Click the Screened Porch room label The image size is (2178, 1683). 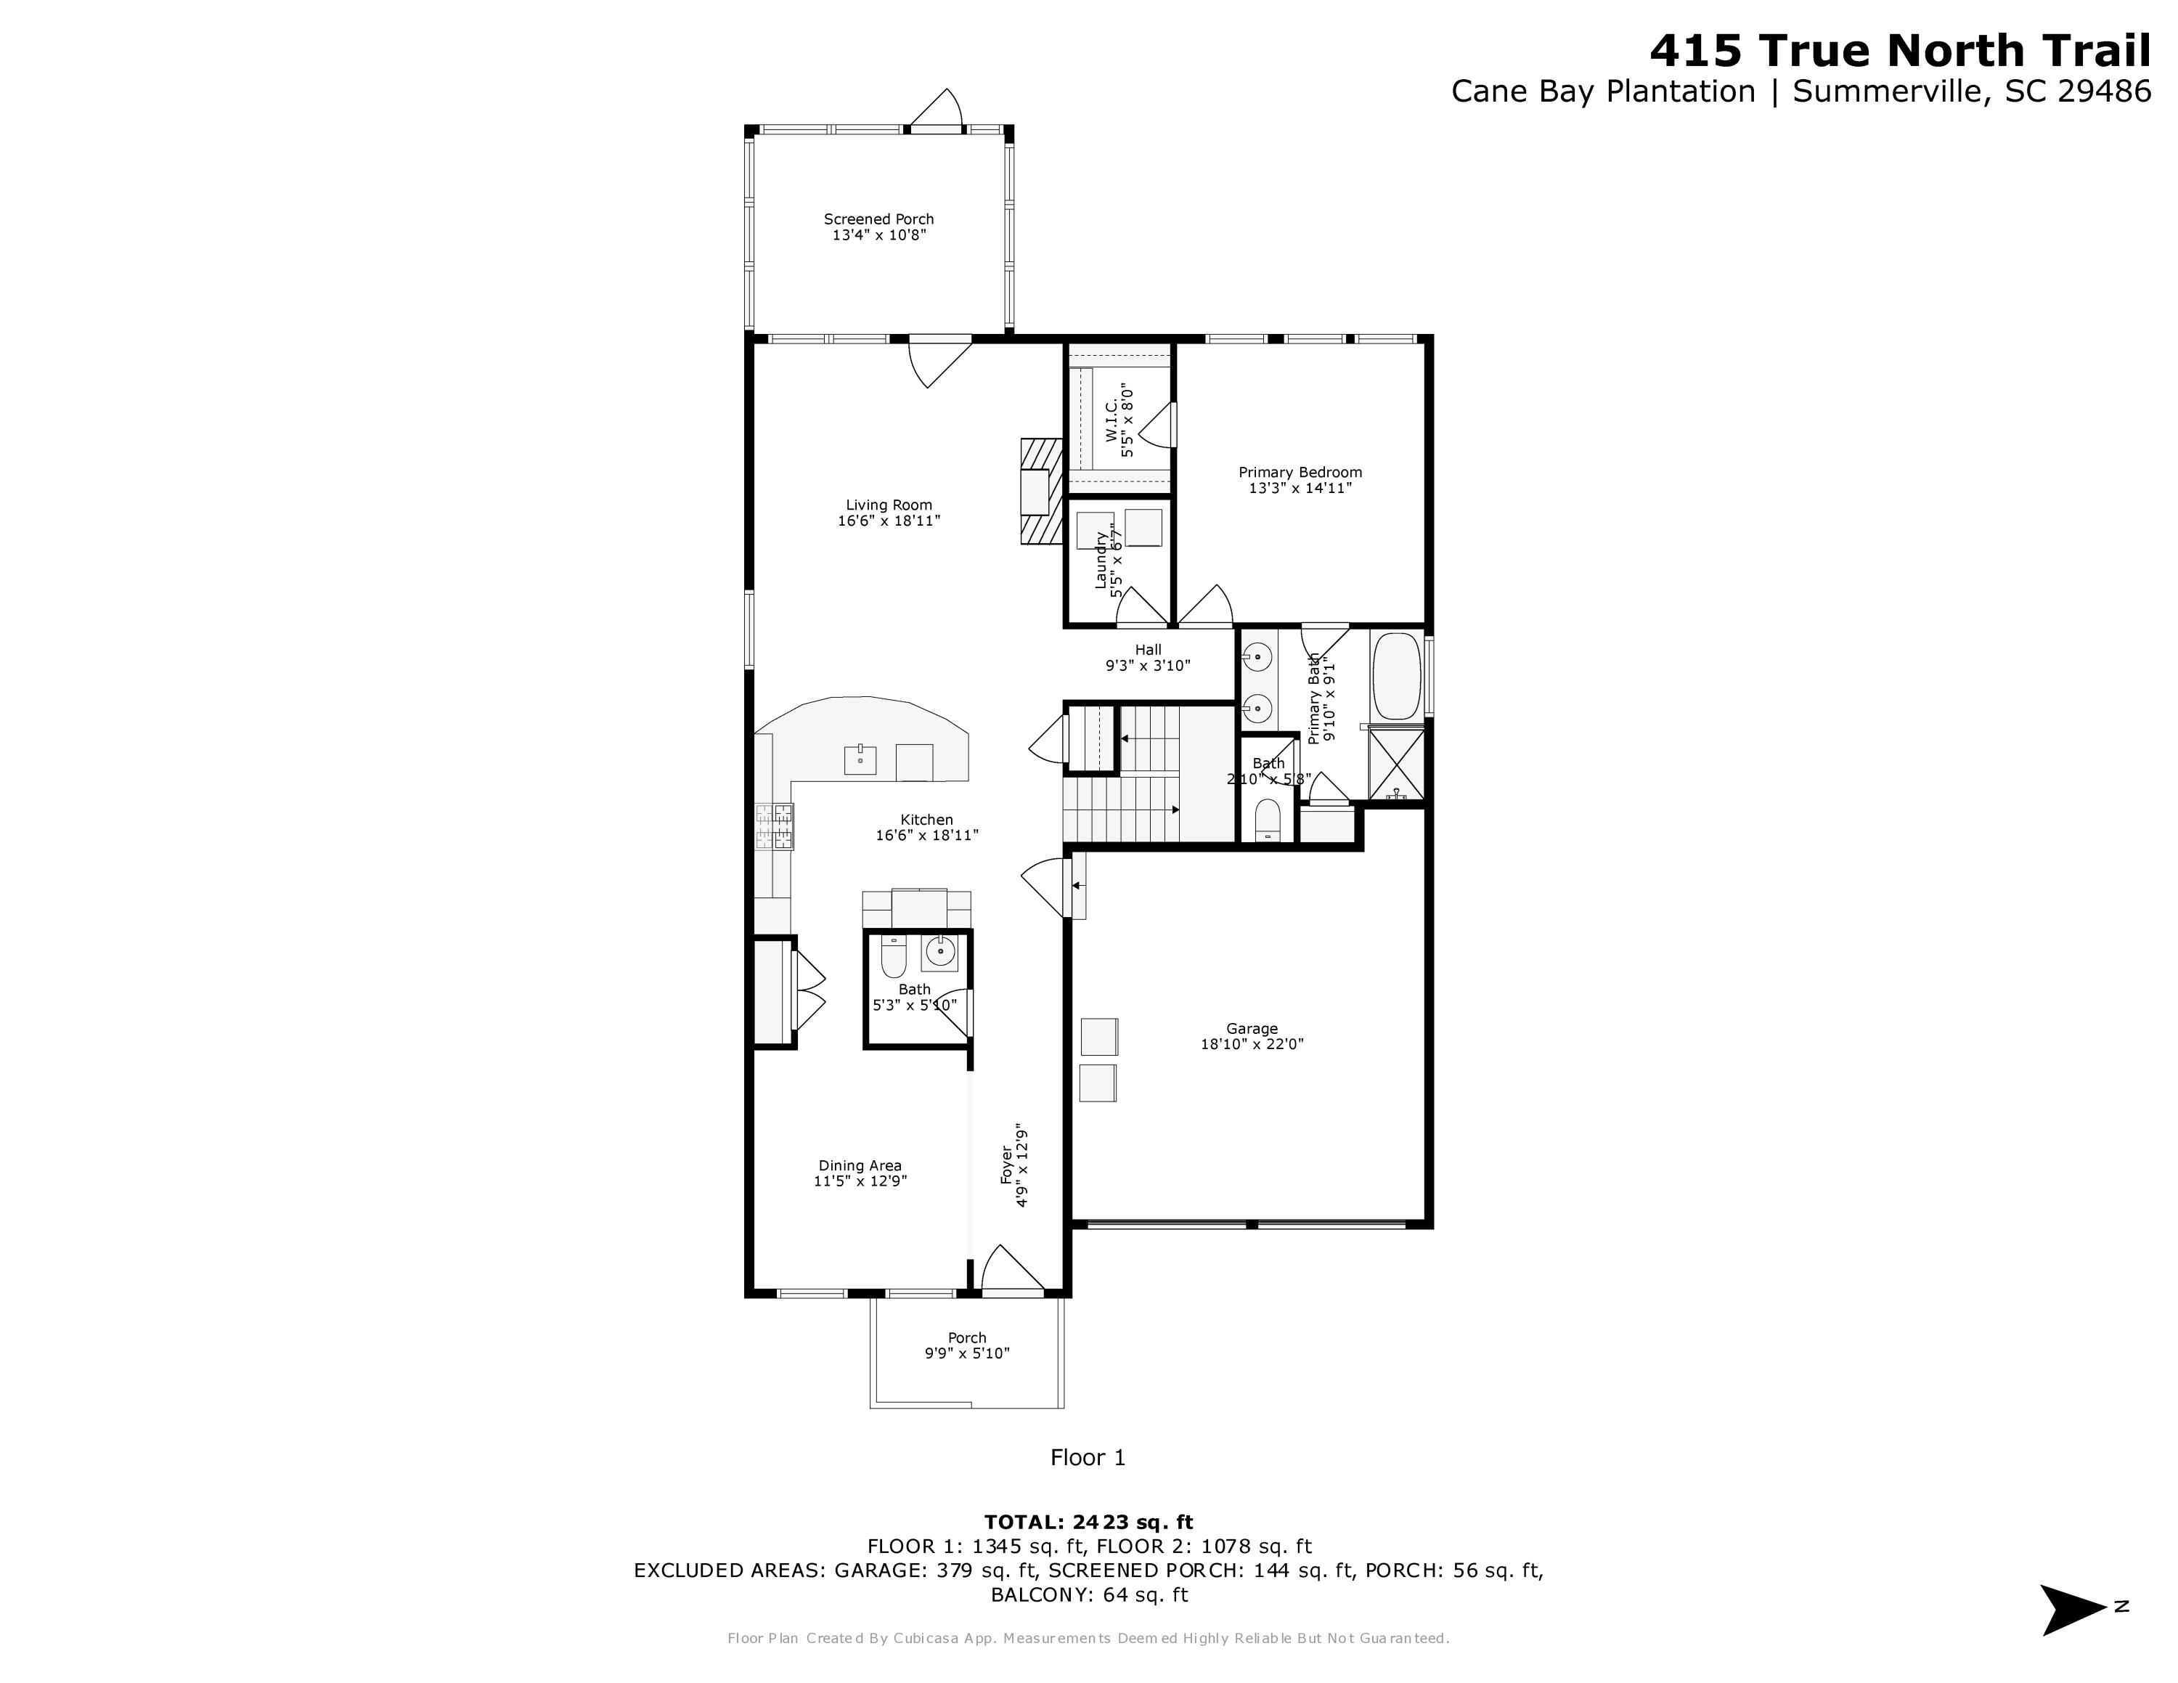tap(878, 219)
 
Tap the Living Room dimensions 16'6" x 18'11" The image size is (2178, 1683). tap(889, 521)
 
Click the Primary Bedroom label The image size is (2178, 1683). tap(1300, 473)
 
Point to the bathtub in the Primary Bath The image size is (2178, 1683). tap(1396, 676)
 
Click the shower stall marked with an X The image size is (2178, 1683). tap(1396, 764)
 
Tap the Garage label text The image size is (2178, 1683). tap(1252, 1029)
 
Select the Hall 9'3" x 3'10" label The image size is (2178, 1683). tap(1148, 658)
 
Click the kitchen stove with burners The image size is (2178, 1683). tap(775, 826)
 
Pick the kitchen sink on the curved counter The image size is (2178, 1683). tap(860, 759)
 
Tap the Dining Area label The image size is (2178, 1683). tap(860, 1165)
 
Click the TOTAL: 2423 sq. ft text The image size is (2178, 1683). tap(1088, 1523)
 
